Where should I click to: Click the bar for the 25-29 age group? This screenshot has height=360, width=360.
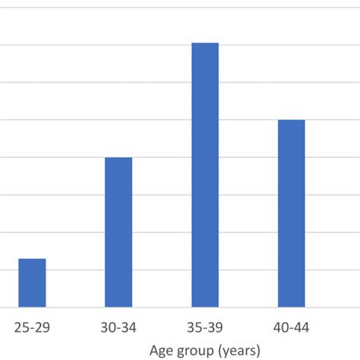32,283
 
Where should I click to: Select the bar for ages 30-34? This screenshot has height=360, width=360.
118,232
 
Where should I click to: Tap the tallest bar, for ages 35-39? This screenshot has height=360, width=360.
205,175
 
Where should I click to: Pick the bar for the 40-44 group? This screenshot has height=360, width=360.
291,213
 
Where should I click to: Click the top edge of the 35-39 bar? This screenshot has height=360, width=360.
205,43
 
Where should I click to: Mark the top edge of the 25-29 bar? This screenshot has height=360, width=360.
32,259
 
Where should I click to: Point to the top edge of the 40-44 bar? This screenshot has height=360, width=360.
291,120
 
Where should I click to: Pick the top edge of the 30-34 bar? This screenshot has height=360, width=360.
118,158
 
